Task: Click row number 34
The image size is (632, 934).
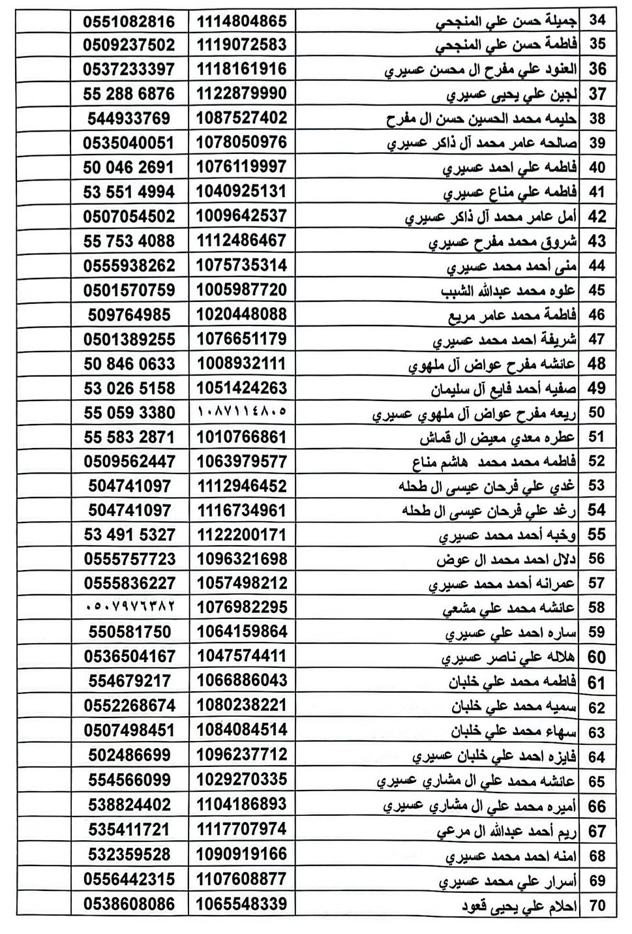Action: point(597,20)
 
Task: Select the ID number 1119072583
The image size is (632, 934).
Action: point(242,45)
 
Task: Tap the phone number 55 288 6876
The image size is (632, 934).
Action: point(129,94)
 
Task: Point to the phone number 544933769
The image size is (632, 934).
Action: point(129,118)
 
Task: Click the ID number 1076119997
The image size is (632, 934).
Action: point(242,167)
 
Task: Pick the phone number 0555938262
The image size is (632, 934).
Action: point(129,265)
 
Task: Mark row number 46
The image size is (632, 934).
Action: point(597,314)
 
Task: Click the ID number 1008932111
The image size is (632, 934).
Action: point(242,363)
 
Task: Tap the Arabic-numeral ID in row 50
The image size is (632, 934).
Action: point(242,412)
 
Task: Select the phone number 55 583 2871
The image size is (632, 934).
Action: point(129,436)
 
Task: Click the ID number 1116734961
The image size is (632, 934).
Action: point(242,509)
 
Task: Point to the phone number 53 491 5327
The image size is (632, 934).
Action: point(129,534)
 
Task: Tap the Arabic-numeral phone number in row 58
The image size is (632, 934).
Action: point(129,607)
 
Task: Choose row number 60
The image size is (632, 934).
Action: point(597,657)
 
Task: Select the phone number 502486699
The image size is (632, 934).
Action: point(129,755)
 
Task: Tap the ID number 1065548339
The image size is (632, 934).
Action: point(242,904)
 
